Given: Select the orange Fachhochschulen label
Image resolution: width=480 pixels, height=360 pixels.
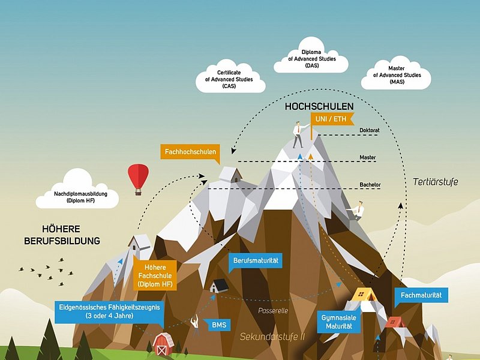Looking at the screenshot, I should pyautogui.click(x=190, y=152).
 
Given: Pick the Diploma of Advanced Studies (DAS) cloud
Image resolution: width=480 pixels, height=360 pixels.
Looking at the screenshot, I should pyautogui.click(x=311, y=59).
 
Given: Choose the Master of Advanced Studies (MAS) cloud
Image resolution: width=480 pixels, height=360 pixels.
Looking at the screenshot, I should pyautogui.click(x=397, y=75).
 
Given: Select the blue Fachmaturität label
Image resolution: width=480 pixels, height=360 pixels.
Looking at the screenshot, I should pyautogui.click(x=421, y=295).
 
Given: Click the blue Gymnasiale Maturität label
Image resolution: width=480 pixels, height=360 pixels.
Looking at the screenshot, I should pyautogui.click(x=335, y=321).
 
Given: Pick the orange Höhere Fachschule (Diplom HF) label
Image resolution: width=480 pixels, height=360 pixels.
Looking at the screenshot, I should pyautogui.click(x=155, y=274).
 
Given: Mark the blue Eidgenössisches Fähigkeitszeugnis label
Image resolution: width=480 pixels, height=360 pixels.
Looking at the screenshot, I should pyautogui.click(x=100, y=311).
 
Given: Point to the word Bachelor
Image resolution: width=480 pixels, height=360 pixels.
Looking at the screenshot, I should pyautogui.click(x=370, y=184).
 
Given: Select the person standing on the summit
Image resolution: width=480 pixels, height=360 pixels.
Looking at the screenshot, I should pyautogui.click(x=298, y=134).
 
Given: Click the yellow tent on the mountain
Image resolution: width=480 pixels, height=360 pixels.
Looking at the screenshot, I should pyautogui.click(x=364, y=294).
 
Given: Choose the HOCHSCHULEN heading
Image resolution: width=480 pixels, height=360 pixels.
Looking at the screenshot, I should pyautogui.click(x=319, y=106).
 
